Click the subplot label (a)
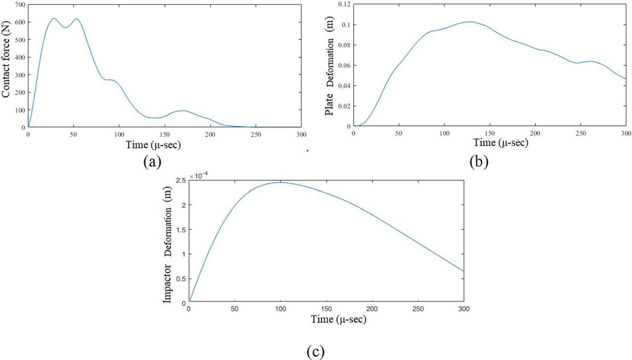coord(152,161)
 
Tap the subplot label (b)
coord(479,161)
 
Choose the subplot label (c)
coord(315,351)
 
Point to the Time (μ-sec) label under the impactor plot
coord(339,319)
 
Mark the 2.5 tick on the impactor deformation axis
coord(180,180)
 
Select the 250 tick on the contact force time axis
coord(256,134)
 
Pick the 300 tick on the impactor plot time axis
coord(464,309)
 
